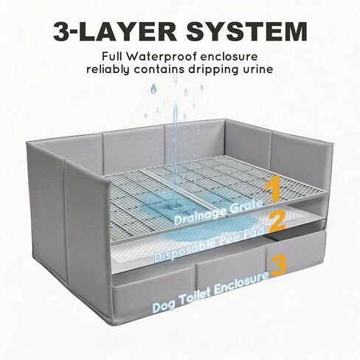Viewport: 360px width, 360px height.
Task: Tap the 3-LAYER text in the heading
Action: coord(115,32)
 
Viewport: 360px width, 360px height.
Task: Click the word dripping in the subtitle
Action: coord(212,70)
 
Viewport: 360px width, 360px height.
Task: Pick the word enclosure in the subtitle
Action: coord(229,57)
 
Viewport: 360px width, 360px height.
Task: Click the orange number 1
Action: coord(272,188)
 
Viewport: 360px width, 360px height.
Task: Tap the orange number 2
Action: coord(277,221)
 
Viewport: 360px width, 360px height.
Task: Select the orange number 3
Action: coord(279,266)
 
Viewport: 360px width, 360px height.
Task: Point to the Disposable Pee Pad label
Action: coord(210,244)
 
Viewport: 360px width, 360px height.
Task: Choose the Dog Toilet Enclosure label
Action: coord(211,292)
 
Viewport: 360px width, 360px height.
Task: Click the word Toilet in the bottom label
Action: coord(196,297)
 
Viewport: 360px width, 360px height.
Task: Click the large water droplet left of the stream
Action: coord(154,89)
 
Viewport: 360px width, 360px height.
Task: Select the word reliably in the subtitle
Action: coord(108,69)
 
